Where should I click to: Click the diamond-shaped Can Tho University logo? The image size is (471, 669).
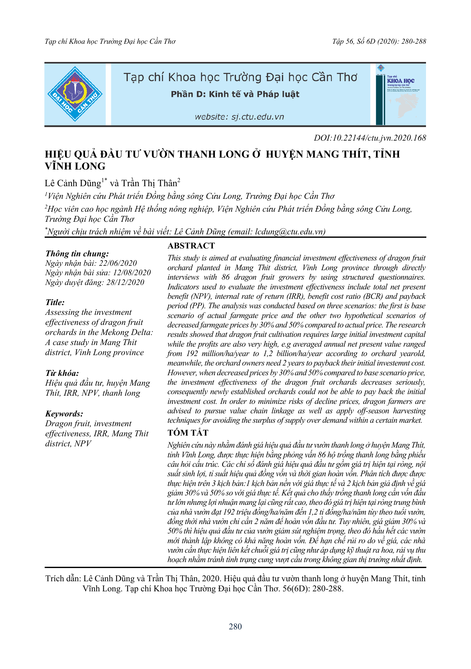tap(75, 94)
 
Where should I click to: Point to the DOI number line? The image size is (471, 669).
tap(370, 138)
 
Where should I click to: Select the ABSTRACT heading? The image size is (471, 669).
tap(191, 246)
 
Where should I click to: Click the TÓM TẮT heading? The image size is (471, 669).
tap(188, 433)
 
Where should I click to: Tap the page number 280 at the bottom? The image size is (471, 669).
tap(235, 627)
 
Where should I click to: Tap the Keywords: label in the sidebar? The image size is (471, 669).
tap(64, 414)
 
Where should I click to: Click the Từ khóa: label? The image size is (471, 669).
tap(62, 373)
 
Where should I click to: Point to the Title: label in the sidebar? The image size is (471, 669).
tap(55, 303)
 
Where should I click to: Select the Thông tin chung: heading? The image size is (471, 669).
tap(77, 254)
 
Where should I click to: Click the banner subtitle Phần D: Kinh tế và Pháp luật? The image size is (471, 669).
tap(235, 94)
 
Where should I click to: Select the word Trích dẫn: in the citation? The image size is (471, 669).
tap(63, 578)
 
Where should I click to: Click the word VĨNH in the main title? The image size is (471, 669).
tap(59, 166)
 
